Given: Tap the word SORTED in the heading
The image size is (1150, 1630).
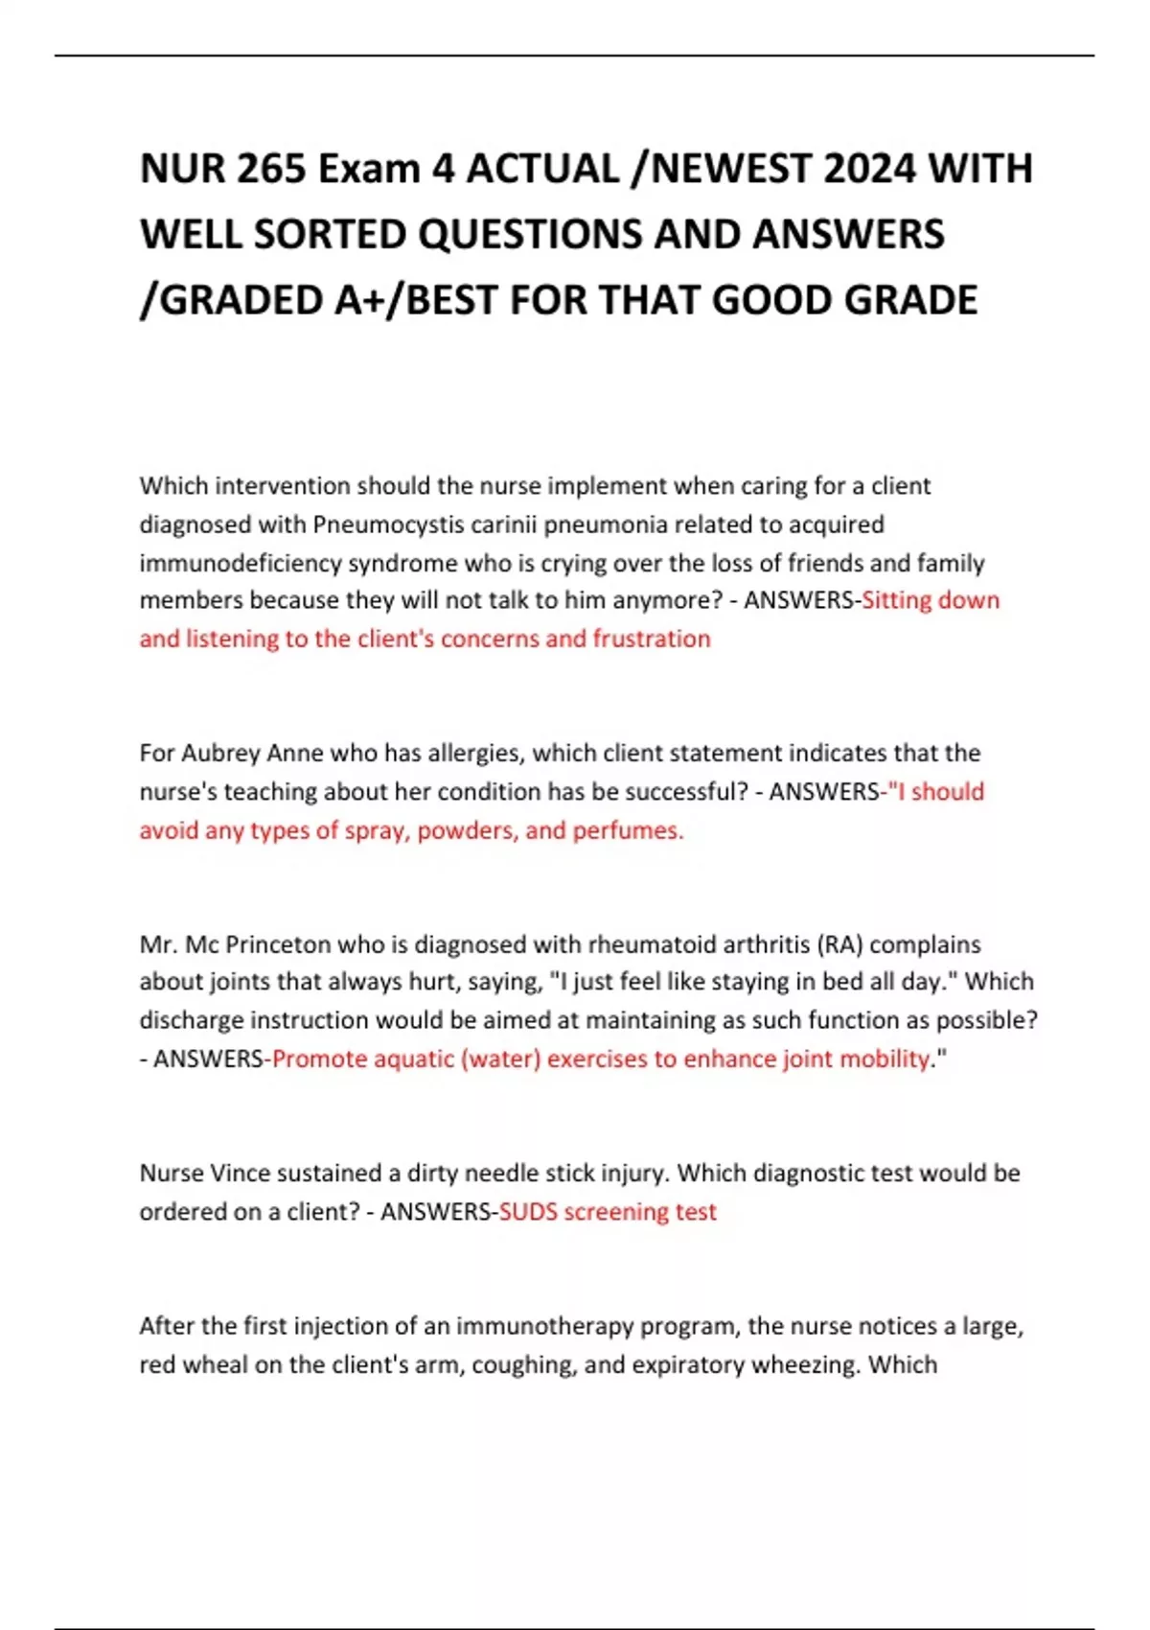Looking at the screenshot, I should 331,235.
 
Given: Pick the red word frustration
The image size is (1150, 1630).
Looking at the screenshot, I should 652,639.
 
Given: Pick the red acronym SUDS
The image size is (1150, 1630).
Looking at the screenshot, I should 528,1212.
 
